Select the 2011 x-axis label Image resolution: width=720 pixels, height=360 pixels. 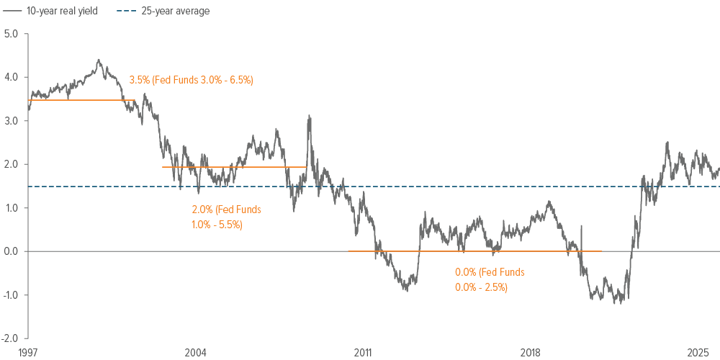363,352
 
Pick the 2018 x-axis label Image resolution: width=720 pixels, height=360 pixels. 531,352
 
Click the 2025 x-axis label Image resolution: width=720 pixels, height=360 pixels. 698,352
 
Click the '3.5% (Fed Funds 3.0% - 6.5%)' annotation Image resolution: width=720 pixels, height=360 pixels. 192,80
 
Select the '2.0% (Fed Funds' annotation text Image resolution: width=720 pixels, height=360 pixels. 226,210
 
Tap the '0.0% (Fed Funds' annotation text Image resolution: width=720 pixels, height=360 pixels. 490,273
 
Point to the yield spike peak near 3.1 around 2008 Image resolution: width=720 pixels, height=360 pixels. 309,116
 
